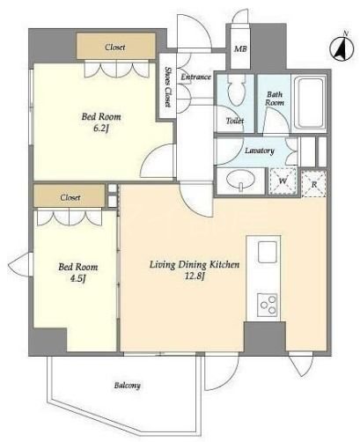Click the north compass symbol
tap(342, 48)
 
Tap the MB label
tap(240, 49)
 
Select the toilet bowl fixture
tap(236, 90)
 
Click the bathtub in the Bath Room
tap(310, 101)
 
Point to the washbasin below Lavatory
tap(240, 180)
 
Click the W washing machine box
tap(283, 180)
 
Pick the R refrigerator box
tap(314, 184)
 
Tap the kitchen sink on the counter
tap(268, 252)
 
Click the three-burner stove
tap(268, 305)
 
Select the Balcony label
tap(128, 386)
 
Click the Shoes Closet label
tap(167, 87)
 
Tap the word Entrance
tap(196, 77)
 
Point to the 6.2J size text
tap(101, 129)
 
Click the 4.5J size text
tap(77, 278)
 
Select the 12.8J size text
tap(195, 276)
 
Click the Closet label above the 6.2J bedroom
tap(115, 47)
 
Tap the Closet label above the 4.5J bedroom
tap(70, 197)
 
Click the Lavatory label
tap(260, 151)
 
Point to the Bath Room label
tap(275, 99)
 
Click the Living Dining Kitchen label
tap(195, 265)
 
